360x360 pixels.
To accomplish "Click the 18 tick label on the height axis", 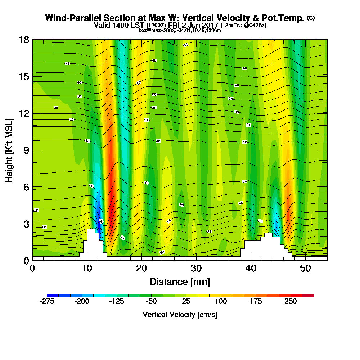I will click(24, 40).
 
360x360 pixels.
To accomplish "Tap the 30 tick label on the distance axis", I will click(196, 269).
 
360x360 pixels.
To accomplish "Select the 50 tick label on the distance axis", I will click(305, 269).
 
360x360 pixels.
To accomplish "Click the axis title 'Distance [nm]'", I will click(180, 282).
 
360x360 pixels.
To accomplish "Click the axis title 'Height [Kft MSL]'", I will click(9, 150).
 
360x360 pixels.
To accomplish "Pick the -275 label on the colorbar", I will click(47, 302).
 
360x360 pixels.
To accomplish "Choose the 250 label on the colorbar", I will click(291, 302).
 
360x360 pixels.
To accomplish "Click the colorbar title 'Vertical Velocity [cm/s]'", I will click(180, 315).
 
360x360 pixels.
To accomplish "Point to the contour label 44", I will click(186, 45).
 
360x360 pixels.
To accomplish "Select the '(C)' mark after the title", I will click(311, 18).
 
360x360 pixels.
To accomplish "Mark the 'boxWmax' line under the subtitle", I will click(180, 30).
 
